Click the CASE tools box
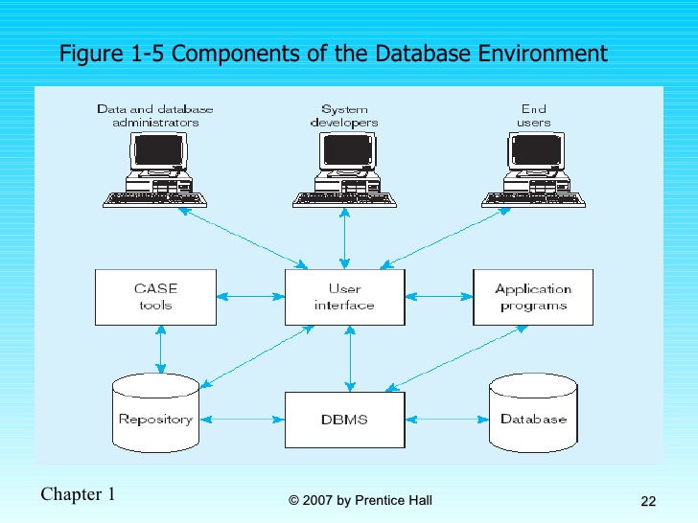click(x=155, y=297)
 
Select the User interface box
click(x=344, y=297)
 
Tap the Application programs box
click(x=532, y=297)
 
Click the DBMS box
click(x=344, y=420)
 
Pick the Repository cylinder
click(x=155, y=414)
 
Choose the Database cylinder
click(x=533, y=414)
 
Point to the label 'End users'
click(x=534, y=116)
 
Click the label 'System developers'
click(x=344, y=116)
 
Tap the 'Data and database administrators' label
click(x=155, y=116)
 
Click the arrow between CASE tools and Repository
click(x=161, y=350)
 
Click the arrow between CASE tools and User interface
click(x=250, y=297)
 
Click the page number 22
click(x=648, y=502)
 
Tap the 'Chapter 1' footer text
click(x=78, y=494)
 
